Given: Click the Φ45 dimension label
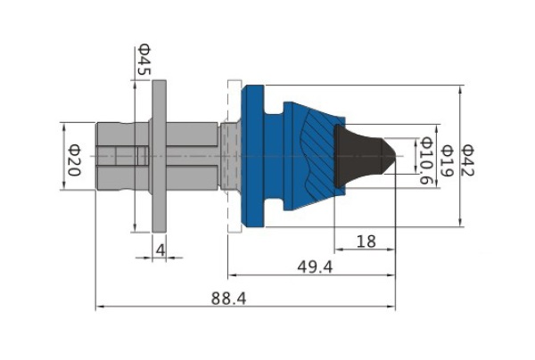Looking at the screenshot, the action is coord(144,60).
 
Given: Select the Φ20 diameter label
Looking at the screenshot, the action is coord(74,160).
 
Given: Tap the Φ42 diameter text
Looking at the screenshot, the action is coord(467,160).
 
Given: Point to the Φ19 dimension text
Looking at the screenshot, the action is coord(447,161).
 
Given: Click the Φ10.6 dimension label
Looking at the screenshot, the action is coord(427,160).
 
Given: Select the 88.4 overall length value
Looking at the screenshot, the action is coord(228,299).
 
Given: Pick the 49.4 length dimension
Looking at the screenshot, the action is coord(315,267).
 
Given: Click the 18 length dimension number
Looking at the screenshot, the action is coord(366,241).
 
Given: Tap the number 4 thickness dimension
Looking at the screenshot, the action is coord(160,250).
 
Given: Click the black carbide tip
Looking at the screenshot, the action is coord(362,156).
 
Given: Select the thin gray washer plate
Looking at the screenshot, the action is coord(160,157).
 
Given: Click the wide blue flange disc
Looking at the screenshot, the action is coord(252,156).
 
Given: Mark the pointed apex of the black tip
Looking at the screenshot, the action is coord(396,157).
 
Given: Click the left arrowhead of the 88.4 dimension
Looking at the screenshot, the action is coord(100,307).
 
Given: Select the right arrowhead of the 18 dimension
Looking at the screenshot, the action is coord(391,250).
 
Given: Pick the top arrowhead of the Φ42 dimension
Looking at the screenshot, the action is coord(461,90).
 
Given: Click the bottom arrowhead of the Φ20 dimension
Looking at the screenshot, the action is coord(63,186).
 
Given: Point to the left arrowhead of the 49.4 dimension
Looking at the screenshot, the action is coord(232,275).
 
